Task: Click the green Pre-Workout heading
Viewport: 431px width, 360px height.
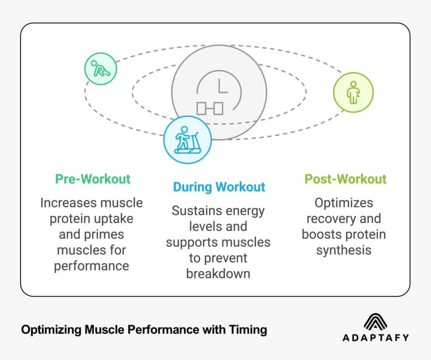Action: coord(93,179)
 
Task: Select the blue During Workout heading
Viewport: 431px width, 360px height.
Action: coord(219,187)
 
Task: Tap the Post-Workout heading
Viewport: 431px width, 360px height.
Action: coord(345,179)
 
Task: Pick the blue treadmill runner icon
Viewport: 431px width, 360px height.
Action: coord(187,140)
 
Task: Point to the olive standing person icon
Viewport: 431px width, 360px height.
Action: coord(353,92)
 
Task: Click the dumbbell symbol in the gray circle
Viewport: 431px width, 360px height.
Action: coord(210,109)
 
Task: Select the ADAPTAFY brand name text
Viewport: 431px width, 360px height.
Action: coord(376,338)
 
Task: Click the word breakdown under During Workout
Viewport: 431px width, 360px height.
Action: coord(218,274)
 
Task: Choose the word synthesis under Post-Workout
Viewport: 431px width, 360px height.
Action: coord(344,250)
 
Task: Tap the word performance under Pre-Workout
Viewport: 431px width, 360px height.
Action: coord(91,266)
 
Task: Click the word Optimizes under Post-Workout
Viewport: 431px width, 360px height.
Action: coord(344,203)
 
